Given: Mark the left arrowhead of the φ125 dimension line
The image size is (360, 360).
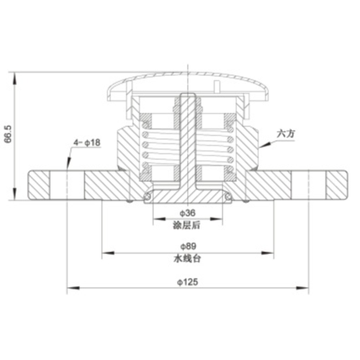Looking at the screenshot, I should point(69,288).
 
